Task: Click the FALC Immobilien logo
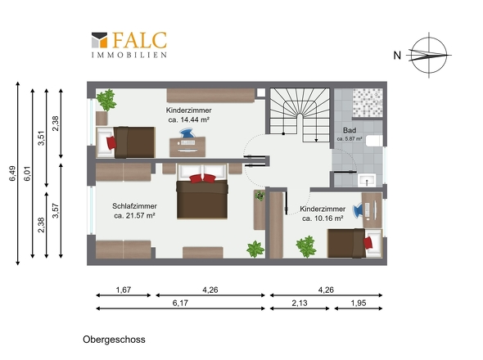tap(129, 45)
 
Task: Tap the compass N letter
tap(397, 56)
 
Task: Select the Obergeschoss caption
tap(114, 340)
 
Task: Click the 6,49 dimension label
tap(13, 173)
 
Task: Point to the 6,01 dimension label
tap(28, 173)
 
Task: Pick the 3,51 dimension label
tap(41, 138)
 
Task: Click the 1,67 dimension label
tap(124, 290)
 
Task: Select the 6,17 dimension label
tap(180, 303)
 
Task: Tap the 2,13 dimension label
tap(300, 303)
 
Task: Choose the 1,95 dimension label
tap(359, 303)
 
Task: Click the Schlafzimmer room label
tap(134, 205)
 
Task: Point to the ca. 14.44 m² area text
tap(189, 119)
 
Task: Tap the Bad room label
tap(350, 130)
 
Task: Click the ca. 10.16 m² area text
tap(323, 218)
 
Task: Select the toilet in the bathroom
tap(374, 141)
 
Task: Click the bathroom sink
tap(367, 180)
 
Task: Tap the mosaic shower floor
tap(368, 102)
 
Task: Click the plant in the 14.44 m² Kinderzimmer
tap(106, 100)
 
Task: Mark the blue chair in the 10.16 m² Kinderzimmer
tap(358, 210)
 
